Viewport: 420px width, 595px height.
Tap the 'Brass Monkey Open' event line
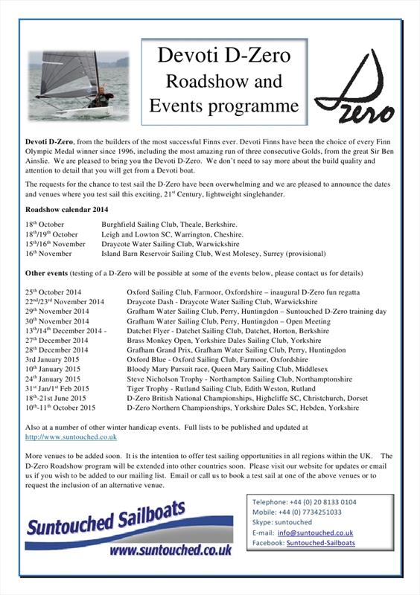pyautogui.click(x=158, y=340)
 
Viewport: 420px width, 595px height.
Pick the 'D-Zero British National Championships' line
pyautogui.click(x=186, y=398)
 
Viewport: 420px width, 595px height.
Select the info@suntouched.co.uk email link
pyautogui.click(x=315, y=533)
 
